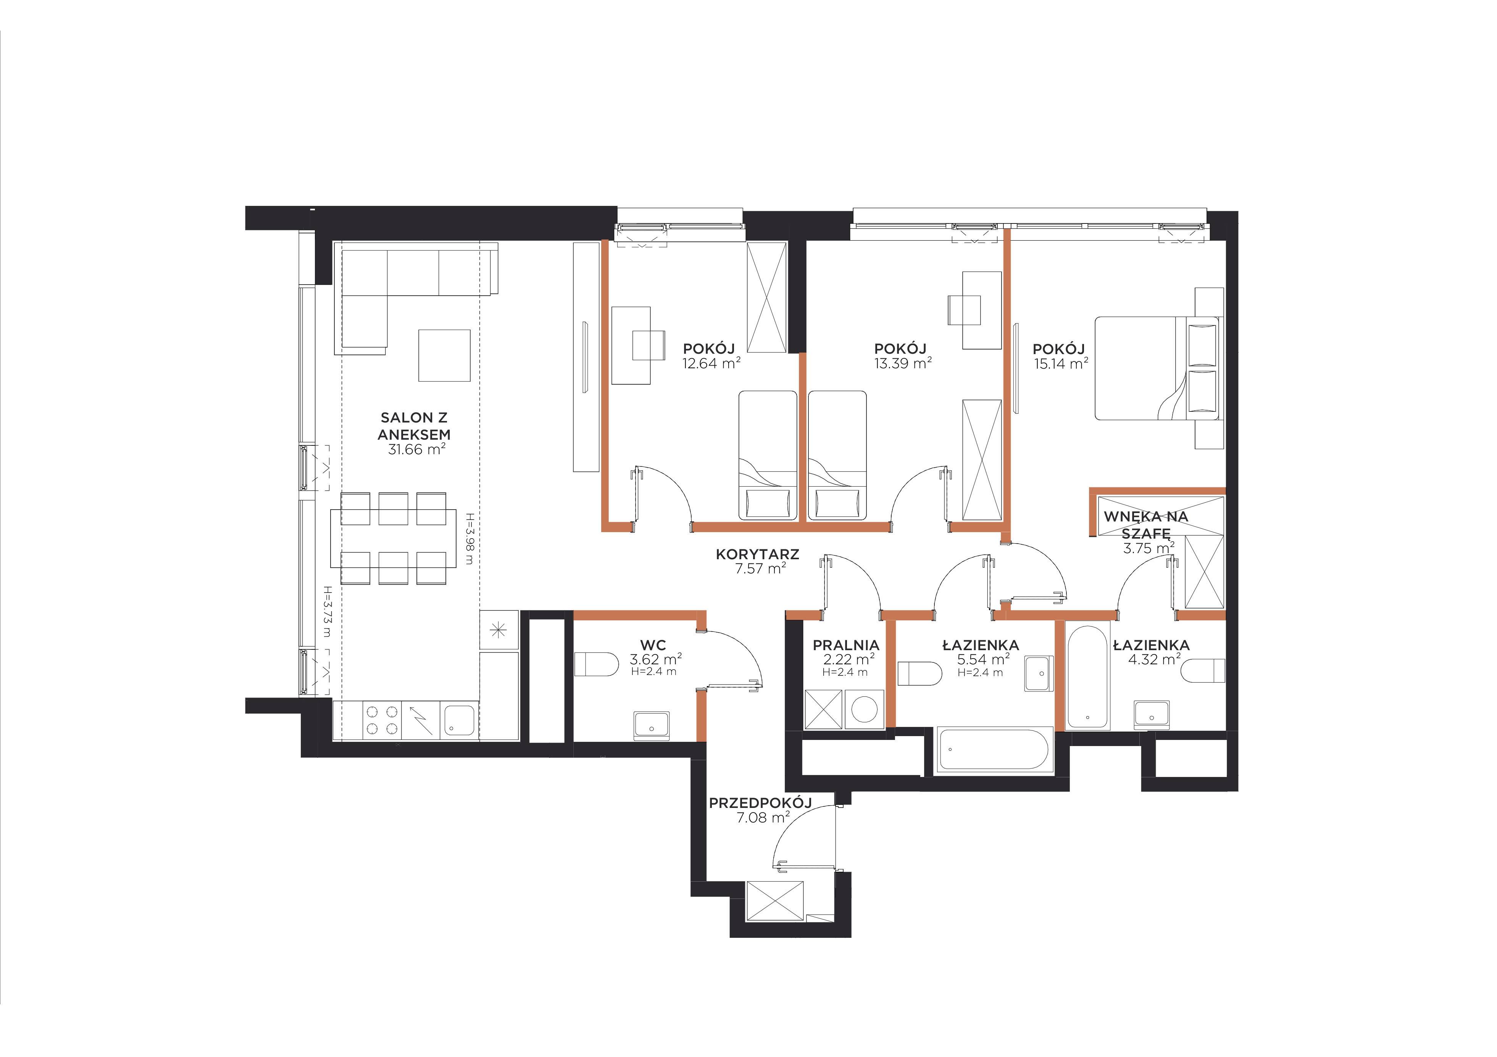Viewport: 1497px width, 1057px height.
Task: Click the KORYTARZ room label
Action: click(x=757, y=555)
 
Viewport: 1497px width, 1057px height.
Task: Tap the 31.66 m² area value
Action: click(x=417, y=449)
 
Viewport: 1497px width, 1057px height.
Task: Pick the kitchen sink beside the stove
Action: click(x=460, y=720)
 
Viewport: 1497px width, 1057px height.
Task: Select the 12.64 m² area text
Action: click(x=711, y=363)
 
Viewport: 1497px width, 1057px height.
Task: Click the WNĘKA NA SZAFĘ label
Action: click(x=1145, y=524)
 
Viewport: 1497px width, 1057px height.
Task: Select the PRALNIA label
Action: click(x=846, y=645)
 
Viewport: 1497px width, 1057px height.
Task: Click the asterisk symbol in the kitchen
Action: click(x=498, y=630)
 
